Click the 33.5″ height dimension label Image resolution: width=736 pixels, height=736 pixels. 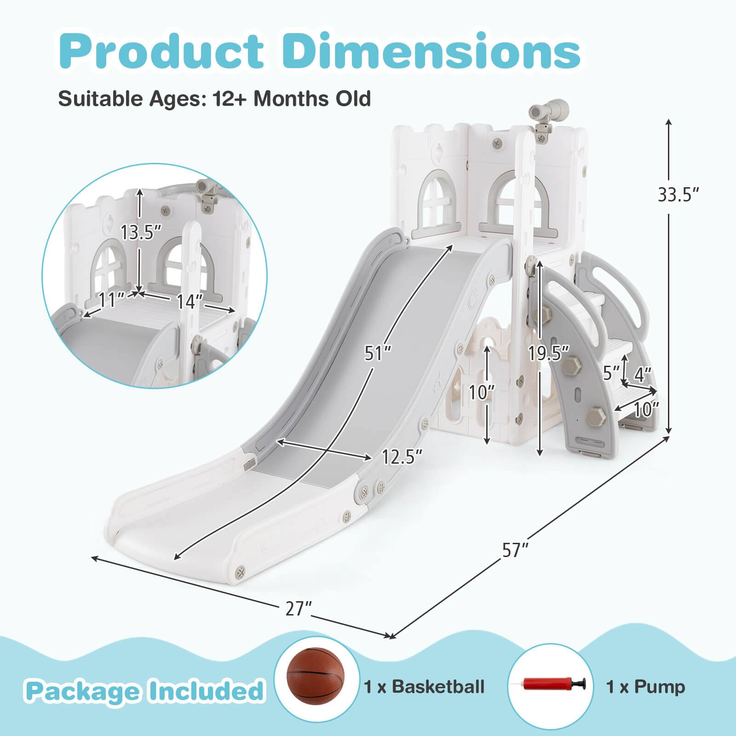coord(678,195)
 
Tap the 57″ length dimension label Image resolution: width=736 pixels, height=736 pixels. coord(515,550)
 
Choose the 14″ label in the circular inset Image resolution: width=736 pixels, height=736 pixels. coord(190,301)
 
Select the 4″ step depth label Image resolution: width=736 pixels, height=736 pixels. coord(643,375)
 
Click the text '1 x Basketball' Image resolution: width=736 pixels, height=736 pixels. coord(424,687)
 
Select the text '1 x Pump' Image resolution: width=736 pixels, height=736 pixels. coord(645,687)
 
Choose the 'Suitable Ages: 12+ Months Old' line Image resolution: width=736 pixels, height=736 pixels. coord(214,98)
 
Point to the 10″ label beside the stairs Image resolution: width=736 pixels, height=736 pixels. coord(646,409)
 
